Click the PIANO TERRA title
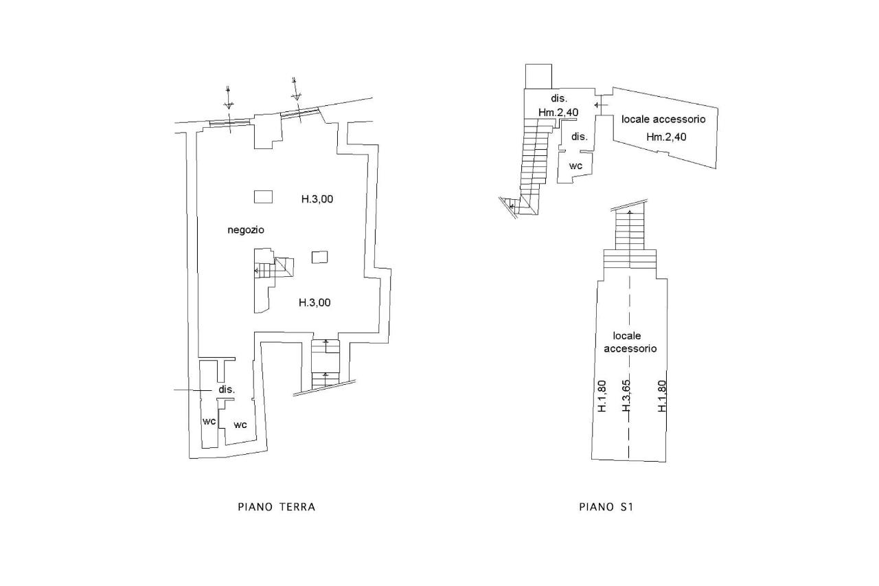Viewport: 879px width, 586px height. (277, 507)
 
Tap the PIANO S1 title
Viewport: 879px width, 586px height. (606, 507)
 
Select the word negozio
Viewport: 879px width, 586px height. (246, 230)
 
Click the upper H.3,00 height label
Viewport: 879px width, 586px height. (317, 199)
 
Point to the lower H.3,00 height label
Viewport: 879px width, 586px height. (315, 302)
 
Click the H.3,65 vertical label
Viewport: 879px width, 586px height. (626, 396)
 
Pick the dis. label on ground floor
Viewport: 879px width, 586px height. (227, 390)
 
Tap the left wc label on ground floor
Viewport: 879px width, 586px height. (209, 422)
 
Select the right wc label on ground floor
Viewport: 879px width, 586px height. (240, 425)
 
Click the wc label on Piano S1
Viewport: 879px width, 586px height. (575, 166)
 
